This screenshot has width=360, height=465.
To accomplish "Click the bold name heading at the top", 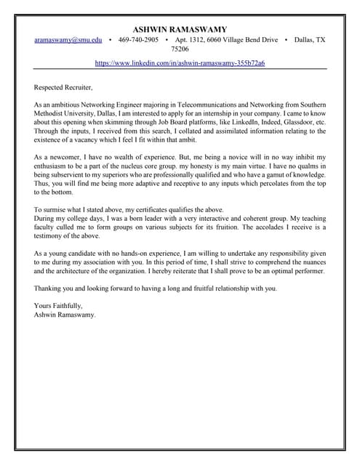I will pyautogui.click(x=180, y=29).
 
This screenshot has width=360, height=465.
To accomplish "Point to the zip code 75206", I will pyautogui.click(x=180, y=49).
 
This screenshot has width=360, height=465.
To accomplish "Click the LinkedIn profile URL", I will pyautogui.click(x=180, y=63).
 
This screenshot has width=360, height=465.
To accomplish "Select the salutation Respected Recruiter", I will pyautogui.click(x=63, y=87).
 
